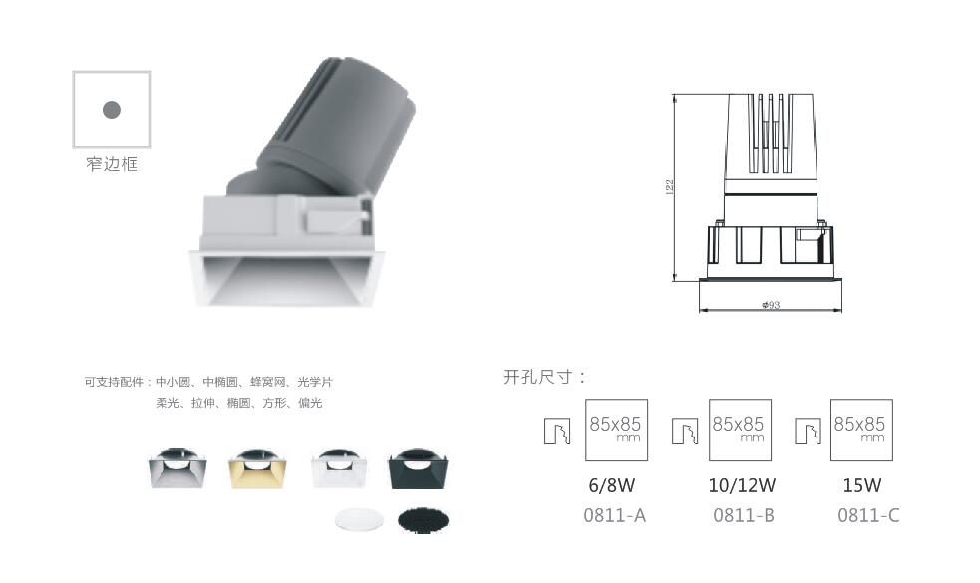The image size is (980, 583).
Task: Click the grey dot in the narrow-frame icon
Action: click(112, 110)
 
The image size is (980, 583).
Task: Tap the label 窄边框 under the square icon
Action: click(112, 164)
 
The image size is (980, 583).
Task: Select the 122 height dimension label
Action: click(670, 186)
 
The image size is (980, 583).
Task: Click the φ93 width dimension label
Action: click(771, 305)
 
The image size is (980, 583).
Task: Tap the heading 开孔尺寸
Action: click(545, 377)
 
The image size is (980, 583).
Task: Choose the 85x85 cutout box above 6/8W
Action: click(616, 430)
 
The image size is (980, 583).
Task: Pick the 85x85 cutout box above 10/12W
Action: click(740, 430)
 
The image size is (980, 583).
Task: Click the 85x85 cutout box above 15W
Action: click(861, 430)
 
